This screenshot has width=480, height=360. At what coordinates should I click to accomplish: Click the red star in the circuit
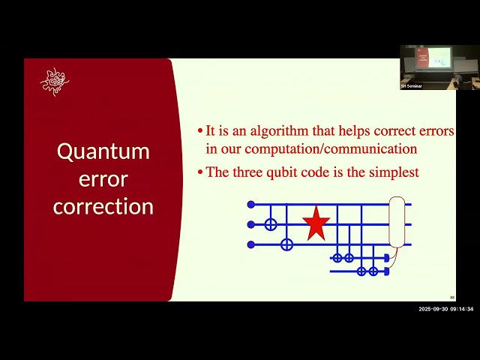[x=316, y=223]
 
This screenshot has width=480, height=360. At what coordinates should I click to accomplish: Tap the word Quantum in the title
[x=103, y=151]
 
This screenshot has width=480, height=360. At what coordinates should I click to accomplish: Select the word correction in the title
[x=103, y=206]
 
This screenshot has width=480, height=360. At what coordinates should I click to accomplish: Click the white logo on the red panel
[x=54, y=82]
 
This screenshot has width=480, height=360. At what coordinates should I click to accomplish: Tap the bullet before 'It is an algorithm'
[x=200, y=131]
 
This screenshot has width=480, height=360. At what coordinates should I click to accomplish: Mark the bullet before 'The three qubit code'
[x=200, y=172]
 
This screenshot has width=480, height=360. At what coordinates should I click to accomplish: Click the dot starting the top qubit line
[x=251, y=204]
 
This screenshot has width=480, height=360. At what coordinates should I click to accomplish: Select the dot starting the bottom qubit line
[x=251, y=244]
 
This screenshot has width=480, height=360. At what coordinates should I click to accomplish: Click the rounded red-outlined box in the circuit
[x=397, y=222]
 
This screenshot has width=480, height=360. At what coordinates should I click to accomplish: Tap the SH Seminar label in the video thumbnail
[x=412, y=86]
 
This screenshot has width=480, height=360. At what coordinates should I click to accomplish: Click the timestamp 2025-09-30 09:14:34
[x=446, y=309]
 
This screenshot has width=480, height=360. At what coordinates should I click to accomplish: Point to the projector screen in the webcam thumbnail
[x=440, y=57]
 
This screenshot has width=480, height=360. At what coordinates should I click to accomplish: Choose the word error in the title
[x=103, y=179]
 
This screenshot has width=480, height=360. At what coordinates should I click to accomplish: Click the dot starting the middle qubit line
[x=251, y=224]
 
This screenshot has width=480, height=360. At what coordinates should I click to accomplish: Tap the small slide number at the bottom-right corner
[x=452, y=297]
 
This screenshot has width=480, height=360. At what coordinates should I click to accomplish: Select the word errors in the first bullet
[x=434, y=131]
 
